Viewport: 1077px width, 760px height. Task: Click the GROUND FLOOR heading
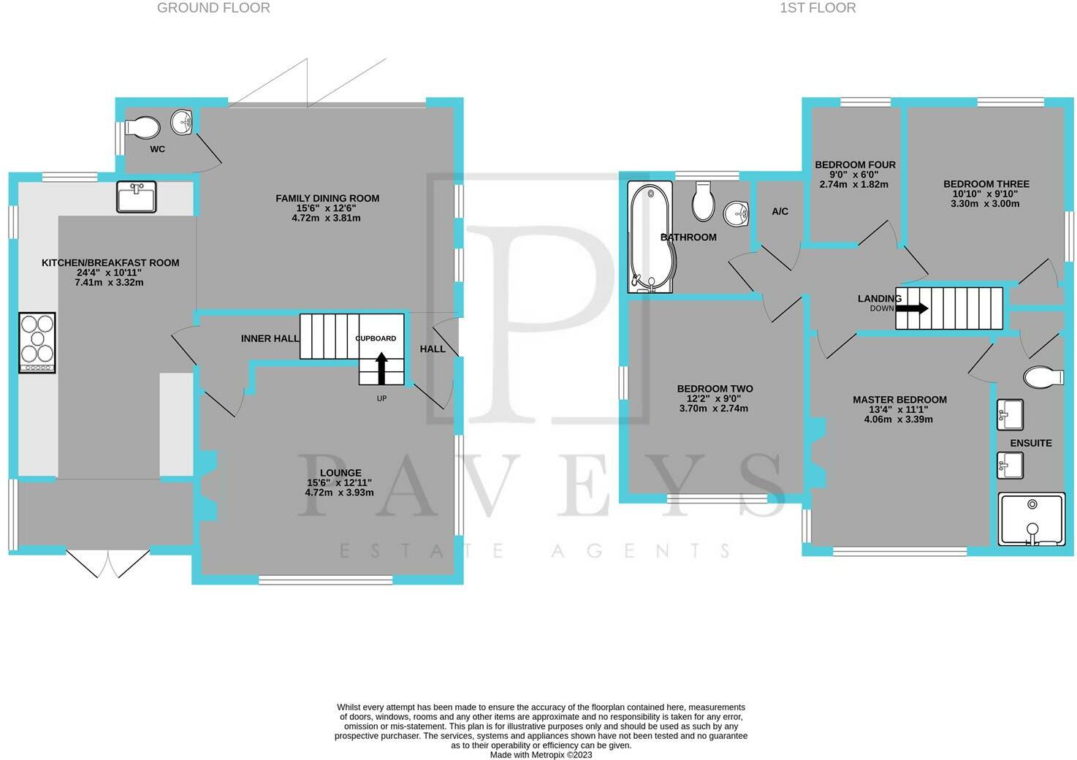pyautogui.click(x=213, y=8)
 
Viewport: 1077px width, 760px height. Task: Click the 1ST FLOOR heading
pyautogui.click(x=818, y=8)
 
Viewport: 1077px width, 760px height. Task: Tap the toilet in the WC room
pyautogui.click(x=142, y=127)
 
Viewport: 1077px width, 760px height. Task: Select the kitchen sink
pyautogui.click(x=137, y=197)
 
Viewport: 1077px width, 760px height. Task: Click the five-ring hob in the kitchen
pyautogui.click(x=37, y=342)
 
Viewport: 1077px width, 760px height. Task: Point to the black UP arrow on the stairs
pyautogui.click(x=381, y=368)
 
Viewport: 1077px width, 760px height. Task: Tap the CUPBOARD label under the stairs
pyautogui.click(x=376, y=338)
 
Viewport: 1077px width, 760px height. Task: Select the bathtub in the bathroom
pyautogui.click(x=650, y=237)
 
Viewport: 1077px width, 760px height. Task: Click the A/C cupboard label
pyautogui.click(x=780, y=211)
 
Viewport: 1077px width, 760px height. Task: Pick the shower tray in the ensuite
pyautogui.click(x=1032, y=519)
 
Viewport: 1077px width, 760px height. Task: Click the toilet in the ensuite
pyautogui.click(x=1043, y=376)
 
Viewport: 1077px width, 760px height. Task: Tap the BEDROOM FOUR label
pyautogui.click(x=855, y=164)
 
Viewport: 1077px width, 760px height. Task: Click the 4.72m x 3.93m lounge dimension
pyautogui.click(x=339, y=493)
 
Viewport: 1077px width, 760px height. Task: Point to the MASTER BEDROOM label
pyautogui.click(x=899, y=400)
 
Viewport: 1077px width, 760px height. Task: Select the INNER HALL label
pyautogui.click(x=270, y=338)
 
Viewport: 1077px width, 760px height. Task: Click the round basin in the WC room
pyautogui.click(x=182, y=122)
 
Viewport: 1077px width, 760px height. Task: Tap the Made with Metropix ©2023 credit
pyautogui.click(x=541, y=755)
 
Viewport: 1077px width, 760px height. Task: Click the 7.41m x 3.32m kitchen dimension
pyautogui.click(x=109, y=282)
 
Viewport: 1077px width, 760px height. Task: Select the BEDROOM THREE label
pyautogui.click(x=986, y=183)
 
